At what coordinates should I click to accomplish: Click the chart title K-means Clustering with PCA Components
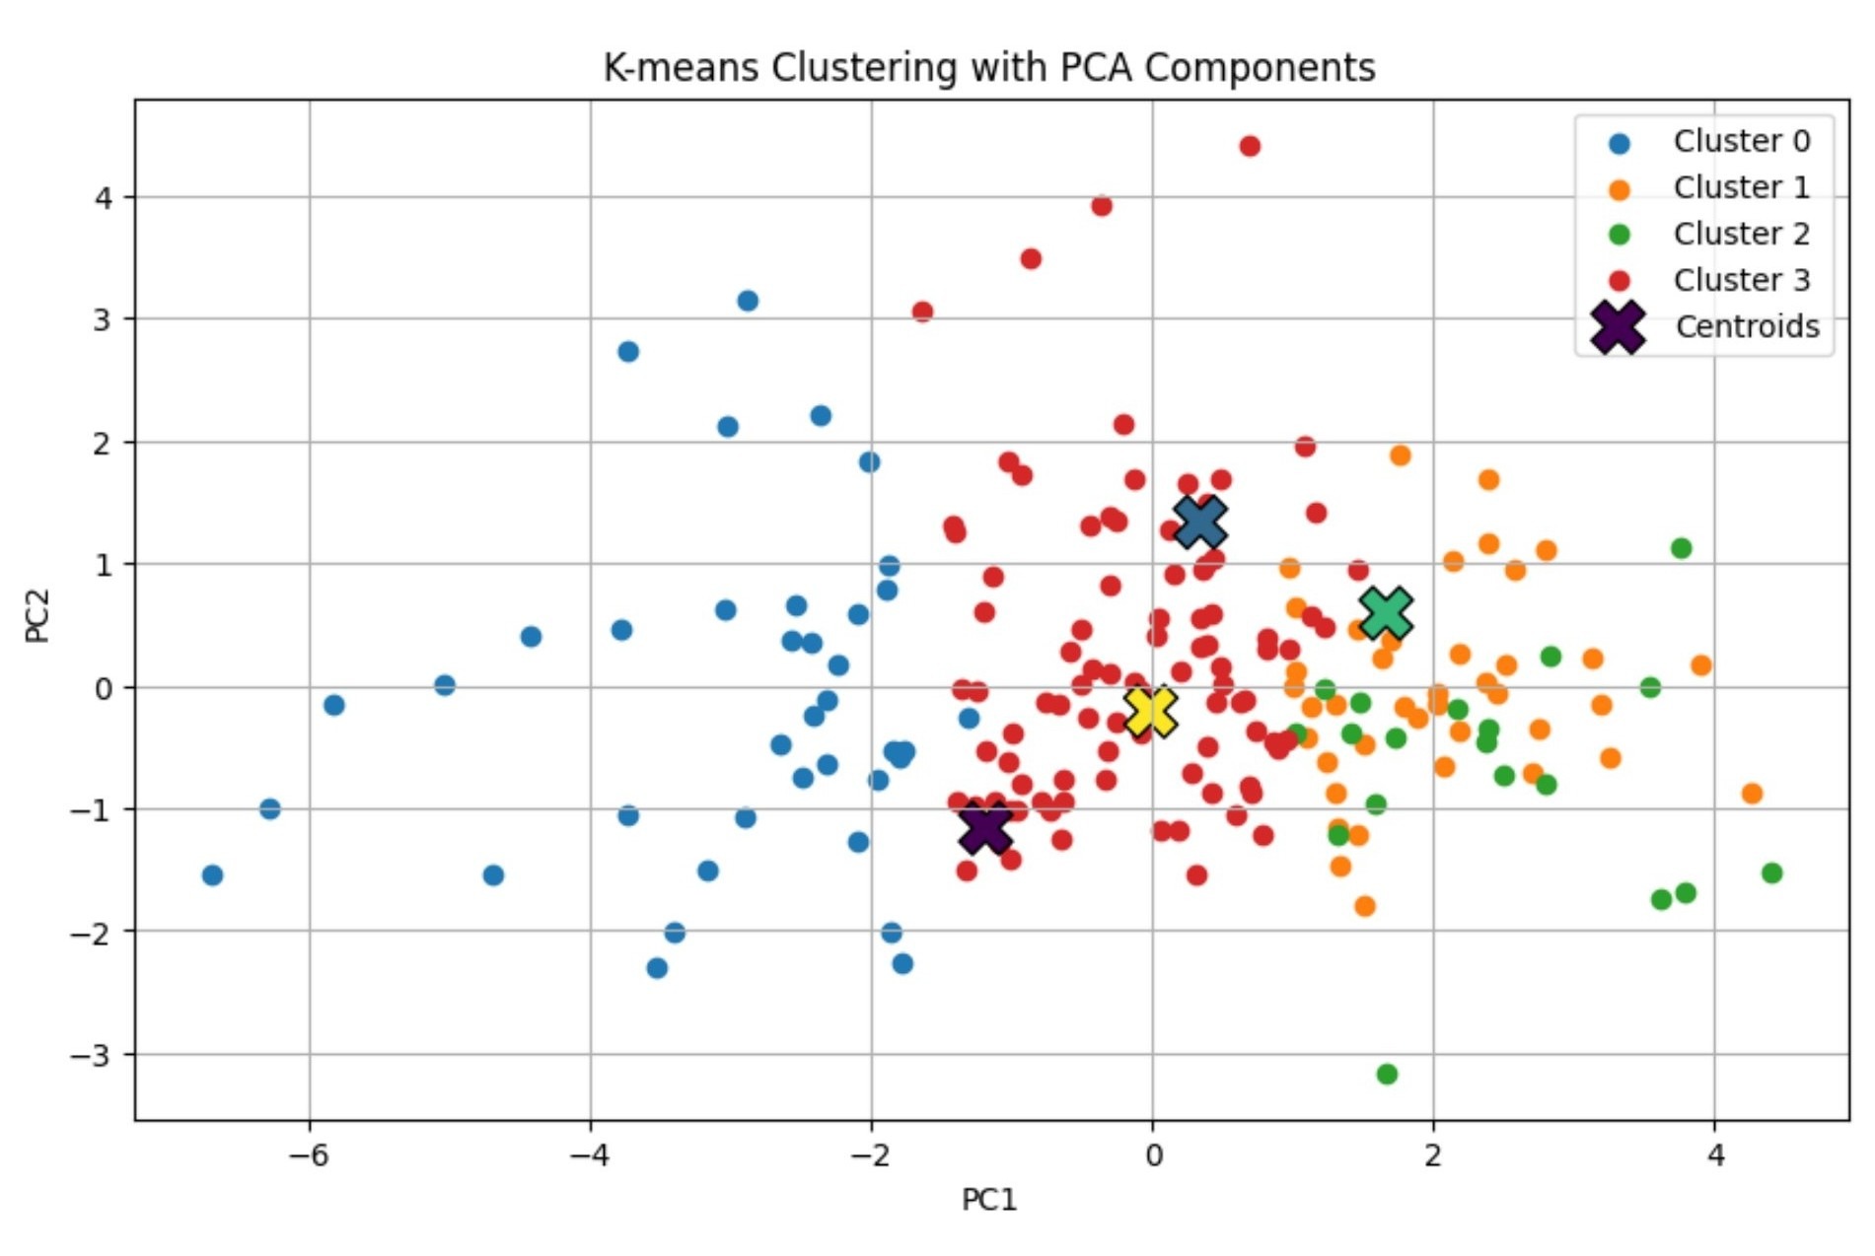click(988, 68)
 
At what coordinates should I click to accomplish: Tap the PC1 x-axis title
click(988, 1200)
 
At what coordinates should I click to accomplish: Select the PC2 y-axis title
click(37, 615)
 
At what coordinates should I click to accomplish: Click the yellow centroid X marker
click(1150, 712)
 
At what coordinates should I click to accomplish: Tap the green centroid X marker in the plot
click(1386, 612)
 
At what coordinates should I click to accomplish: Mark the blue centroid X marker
click(1200, 522)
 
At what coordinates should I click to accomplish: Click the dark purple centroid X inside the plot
click(985, 827)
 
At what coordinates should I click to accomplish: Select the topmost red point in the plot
click(1250, 146)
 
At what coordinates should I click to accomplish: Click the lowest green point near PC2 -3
click(1387, 1074)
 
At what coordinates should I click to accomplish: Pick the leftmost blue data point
click(212, 874)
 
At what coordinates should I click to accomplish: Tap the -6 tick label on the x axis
click(308, 1154)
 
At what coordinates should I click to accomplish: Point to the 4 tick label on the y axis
click(104, 198)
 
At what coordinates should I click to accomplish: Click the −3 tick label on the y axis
click(91, 1055)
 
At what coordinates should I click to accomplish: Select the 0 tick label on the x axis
click(1152, 1154)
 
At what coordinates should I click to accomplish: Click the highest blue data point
click(748, 301)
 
